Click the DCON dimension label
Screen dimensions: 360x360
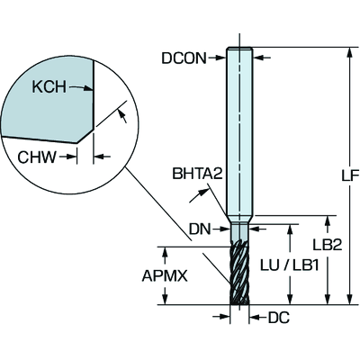(x=184, y=58)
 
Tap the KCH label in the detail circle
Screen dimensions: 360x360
(x=49, y=87)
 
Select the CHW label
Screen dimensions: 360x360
(x=37, y=157)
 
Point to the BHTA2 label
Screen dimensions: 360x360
(x=197, y=173)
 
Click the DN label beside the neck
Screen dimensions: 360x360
(x=200, y=229)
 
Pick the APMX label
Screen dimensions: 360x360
(x=165, y=276)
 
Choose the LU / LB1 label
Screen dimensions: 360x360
(x=289, y=265)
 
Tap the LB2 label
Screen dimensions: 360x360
(x=328, y=245)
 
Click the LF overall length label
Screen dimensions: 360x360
(x=350, y=175)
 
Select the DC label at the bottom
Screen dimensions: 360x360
(x=279, y=318)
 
